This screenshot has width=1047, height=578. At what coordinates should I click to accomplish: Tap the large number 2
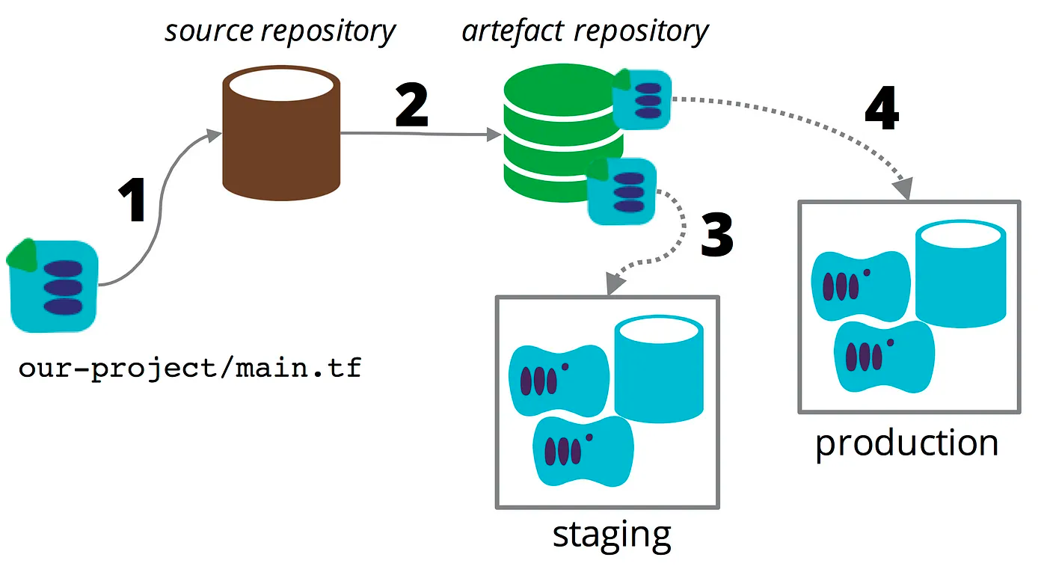tap(411, 107)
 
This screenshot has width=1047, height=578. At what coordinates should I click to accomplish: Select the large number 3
tap(716, 234)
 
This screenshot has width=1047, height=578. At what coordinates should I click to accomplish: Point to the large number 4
tap(881, 111)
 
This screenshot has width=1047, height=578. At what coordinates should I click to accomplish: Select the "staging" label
tap(612, 535)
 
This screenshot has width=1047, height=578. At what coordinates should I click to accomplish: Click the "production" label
tap(906, 443)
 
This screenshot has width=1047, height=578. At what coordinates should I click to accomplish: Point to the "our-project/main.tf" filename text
tap(190, 369)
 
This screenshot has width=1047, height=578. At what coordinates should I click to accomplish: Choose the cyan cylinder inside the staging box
tap(659, 369)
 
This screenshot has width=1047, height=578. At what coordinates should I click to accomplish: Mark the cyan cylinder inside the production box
tap(961, 274)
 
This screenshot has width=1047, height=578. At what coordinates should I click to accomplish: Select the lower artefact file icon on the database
tap(622, 191)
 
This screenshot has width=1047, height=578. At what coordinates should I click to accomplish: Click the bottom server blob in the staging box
tap(583, 449)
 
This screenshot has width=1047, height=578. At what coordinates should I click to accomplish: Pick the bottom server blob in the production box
tap(884, 355)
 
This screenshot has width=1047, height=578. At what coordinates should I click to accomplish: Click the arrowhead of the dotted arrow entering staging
tap(614, 285)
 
